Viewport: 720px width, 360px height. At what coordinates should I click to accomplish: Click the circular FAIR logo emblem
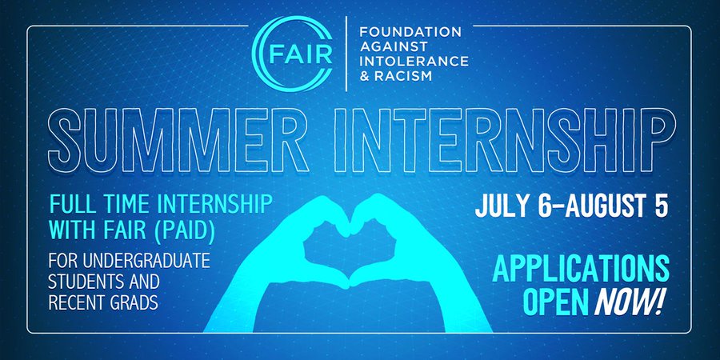(295, 54)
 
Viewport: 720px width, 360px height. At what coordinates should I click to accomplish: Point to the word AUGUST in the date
(609, 205)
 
